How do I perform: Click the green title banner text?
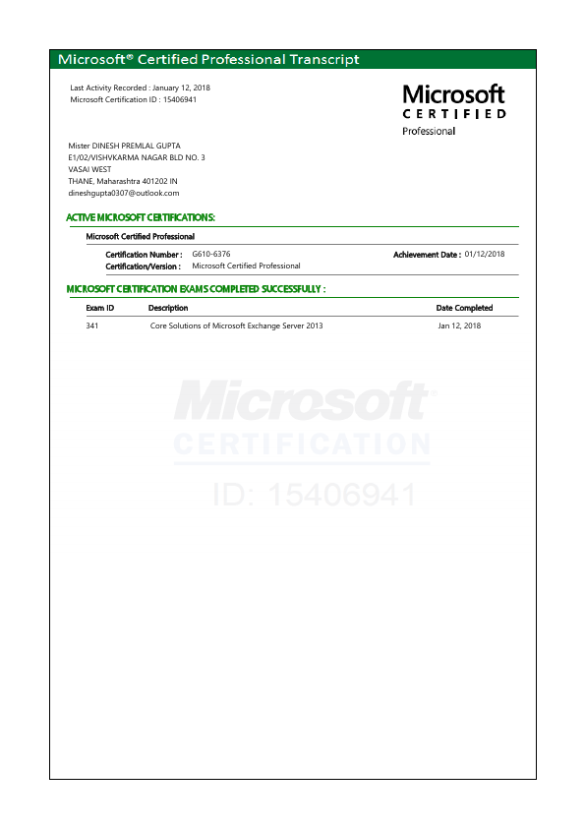pos(208,60)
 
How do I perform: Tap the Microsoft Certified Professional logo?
pos(454,109)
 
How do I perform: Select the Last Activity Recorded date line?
pos(141,89)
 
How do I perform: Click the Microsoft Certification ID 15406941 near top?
pos(134,99)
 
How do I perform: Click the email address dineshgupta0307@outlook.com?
pos(124,193)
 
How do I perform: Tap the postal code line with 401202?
pos(123,181)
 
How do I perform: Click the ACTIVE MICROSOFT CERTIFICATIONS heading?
pos(141,217)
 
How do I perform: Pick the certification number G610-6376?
pos(211,255)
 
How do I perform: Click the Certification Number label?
pos(144,255)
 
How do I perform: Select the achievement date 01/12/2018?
pos(485,254)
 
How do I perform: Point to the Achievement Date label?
pos(427,255)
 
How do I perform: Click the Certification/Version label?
pos(144,266)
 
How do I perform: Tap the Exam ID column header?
pos(100,308)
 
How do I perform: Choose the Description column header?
pos(168,308)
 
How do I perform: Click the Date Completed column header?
pos(464,308)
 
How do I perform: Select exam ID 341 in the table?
pos(92,325)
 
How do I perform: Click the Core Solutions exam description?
pos(236,325)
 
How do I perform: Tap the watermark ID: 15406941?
pos(315,495)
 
